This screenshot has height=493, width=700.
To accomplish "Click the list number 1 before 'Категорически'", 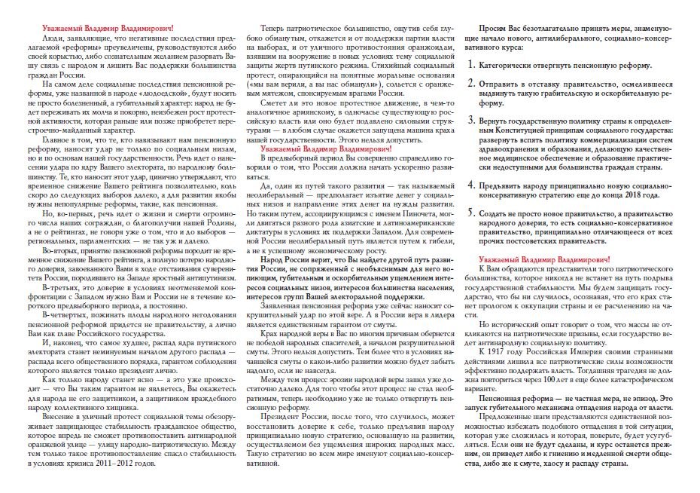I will (472, 65).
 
